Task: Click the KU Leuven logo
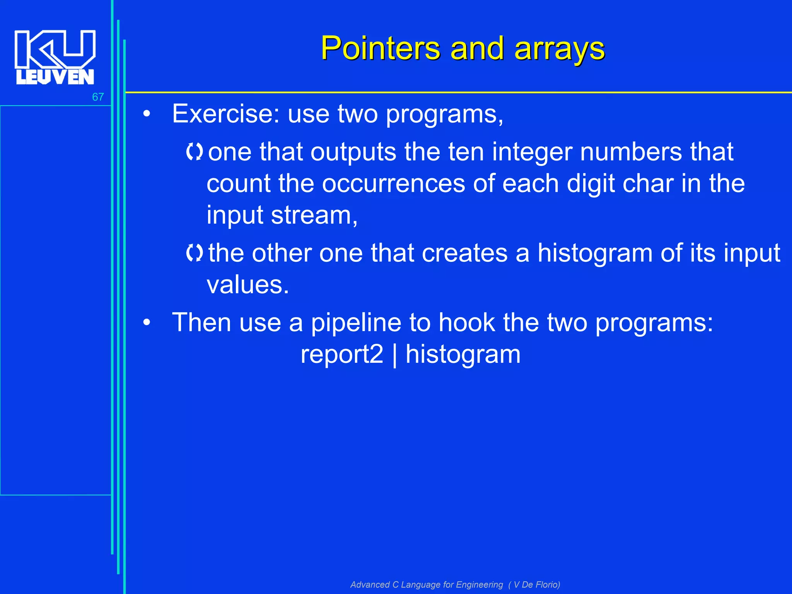pos(55,57)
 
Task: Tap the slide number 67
pos(98,97)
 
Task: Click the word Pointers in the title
pos(380,48)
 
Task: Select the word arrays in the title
pos(560,49)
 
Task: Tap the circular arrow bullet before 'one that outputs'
pos(195,152)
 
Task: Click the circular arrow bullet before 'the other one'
pos(195,253)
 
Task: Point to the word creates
pos(464,253)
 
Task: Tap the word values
pos(247,285)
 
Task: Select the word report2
pos(342,354)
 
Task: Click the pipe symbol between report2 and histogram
pos(394,355)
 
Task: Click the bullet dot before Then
pos(146,322)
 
